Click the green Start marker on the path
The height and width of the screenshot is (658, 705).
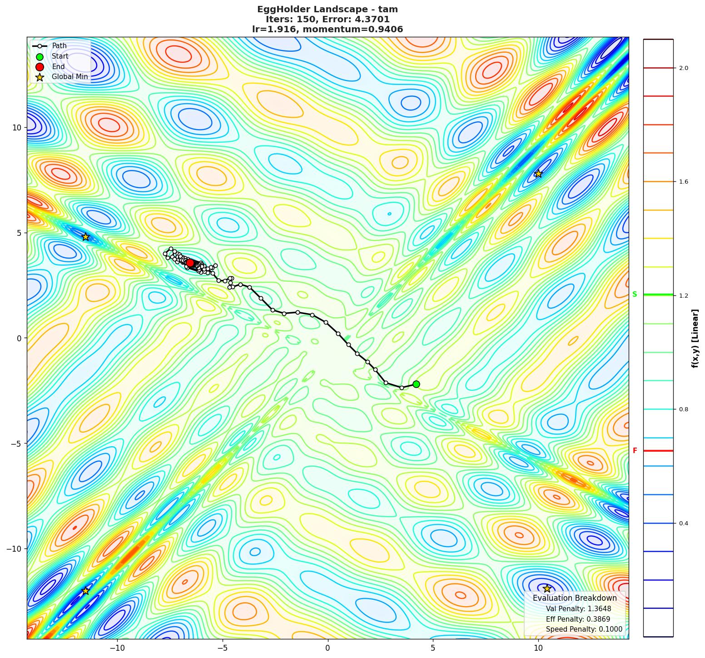pyautogui.click(x=416, y=384)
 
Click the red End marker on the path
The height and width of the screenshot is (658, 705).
pyautogui.click(x=190, y=263)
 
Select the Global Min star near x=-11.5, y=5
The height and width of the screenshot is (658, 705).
pyautogui.click(x=85, y=237)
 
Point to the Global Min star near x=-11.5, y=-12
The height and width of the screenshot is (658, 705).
pyautogui.click(x=85, y=591)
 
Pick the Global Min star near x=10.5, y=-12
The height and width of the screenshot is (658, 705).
pyautogui.click(x=547, y=588)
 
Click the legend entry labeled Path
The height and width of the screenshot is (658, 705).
pyautogui.click(x=59, y=46)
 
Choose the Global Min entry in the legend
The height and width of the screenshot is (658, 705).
pyautogui.click(x=70, y=77)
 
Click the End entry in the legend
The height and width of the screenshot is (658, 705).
pyautogui.click(x=58, y=67)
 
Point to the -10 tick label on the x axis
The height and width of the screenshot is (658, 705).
pyautogui.click(x=117, y=647)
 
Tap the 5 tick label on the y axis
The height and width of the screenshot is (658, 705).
pyautogui.click(x=18, y=233)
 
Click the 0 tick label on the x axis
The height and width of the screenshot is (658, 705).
pyautogui.click(x=328, y=647)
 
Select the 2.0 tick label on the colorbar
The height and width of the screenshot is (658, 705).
pyautogui.click(x=683, y=68)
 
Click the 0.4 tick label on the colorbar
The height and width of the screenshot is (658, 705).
pyautogui.click(x=683, y=523)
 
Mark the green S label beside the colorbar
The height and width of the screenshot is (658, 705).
pyautogui.click(x=635, y=294)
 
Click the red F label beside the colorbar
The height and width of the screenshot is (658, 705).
pyautogui.click(x=635, y=451)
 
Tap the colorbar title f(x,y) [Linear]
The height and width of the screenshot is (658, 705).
pyautogui.click(x=695, y=339)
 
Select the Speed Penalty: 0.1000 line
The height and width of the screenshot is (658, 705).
pyautogui.click(x=584, y=629)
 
